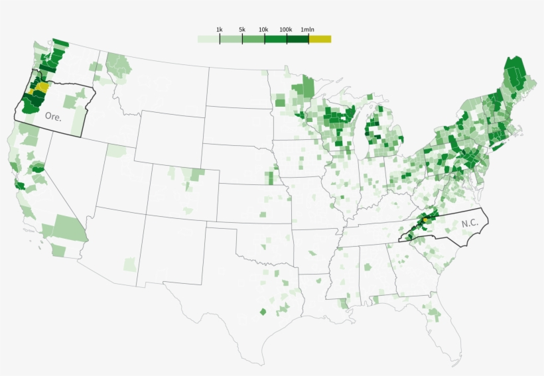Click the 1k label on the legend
(x=220, y=30)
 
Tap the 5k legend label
(x=242, y=30)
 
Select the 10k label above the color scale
(x=263, y=30)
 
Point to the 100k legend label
(x=287, y=30)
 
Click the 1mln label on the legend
(x=308, y=30)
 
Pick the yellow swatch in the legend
(x=320, y=39)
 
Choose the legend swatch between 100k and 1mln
(x=298, y=39)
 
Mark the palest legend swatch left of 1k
(x=208, y=39)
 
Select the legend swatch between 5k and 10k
(x=253, y=39)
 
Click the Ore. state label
(x=53, y=115)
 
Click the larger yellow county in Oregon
(x=42, y=86)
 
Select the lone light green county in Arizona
(x=130, y=264)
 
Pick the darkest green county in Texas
(x=263, y=311)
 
